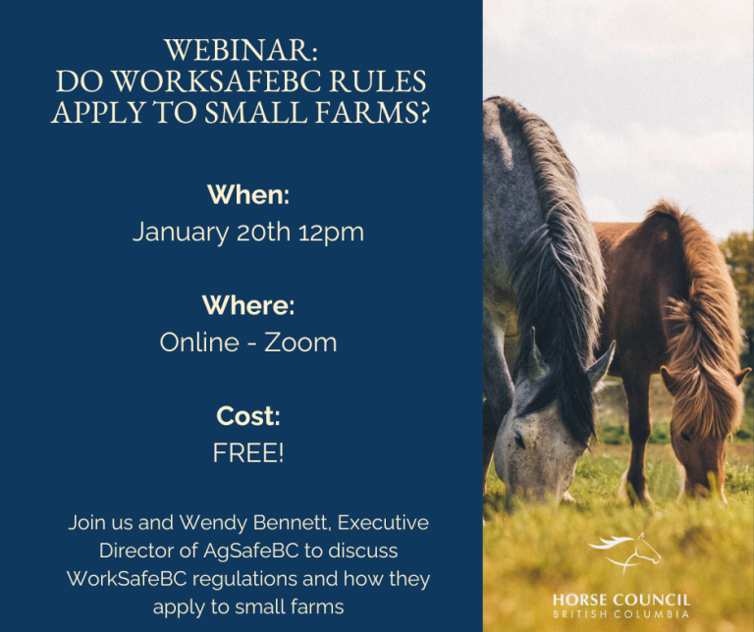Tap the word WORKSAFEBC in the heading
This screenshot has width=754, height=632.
[x=218, y=81]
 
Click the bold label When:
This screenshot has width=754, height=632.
[x=248, y=194]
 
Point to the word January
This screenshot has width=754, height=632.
[x=181, y=233]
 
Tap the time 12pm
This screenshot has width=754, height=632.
[x=331, y=234]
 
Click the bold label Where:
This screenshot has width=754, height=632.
[x=248, y=305]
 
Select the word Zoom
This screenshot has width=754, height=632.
[x=300, y=342]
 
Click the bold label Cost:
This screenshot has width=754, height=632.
[x=248, y=416]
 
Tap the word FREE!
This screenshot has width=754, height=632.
[x=248, y=452]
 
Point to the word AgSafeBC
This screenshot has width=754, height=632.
[x=251, y=551]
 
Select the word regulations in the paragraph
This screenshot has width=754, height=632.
[x=244, y=580]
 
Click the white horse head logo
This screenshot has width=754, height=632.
[x=625, y=553]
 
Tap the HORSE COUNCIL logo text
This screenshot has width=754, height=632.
[x=621, y=601]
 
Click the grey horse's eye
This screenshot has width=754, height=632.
[x=519, y=440]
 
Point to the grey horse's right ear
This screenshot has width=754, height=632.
[x=600, y=363]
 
